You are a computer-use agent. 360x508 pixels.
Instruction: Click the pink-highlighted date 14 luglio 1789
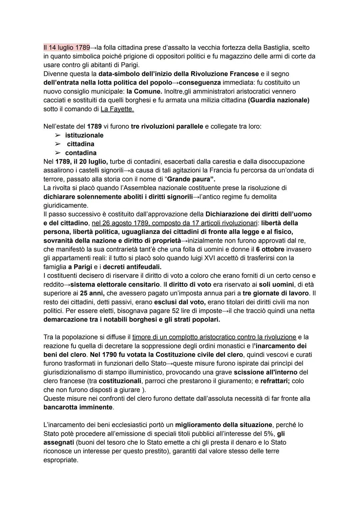click(67, 48)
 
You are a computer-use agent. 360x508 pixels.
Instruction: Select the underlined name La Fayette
click(117, 109)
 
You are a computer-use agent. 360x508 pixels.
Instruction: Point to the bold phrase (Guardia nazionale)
click(279, 100)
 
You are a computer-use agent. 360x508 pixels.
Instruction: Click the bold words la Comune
click(144, 91)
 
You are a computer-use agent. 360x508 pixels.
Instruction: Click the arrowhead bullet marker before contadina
click(58, 153)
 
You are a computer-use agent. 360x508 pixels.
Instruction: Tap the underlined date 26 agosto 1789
click(122, 223)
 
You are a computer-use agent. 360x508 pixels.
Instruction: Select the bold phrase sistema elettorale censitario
click(115, 284)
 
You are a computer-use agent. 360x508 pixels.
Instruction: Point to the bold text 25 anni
click(92, 293)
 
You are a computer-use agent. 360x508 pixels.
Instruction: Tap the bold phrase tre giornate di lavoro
click(276, 293)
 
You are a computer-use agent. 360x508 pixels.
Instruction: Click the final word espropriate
click(61, 460)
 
